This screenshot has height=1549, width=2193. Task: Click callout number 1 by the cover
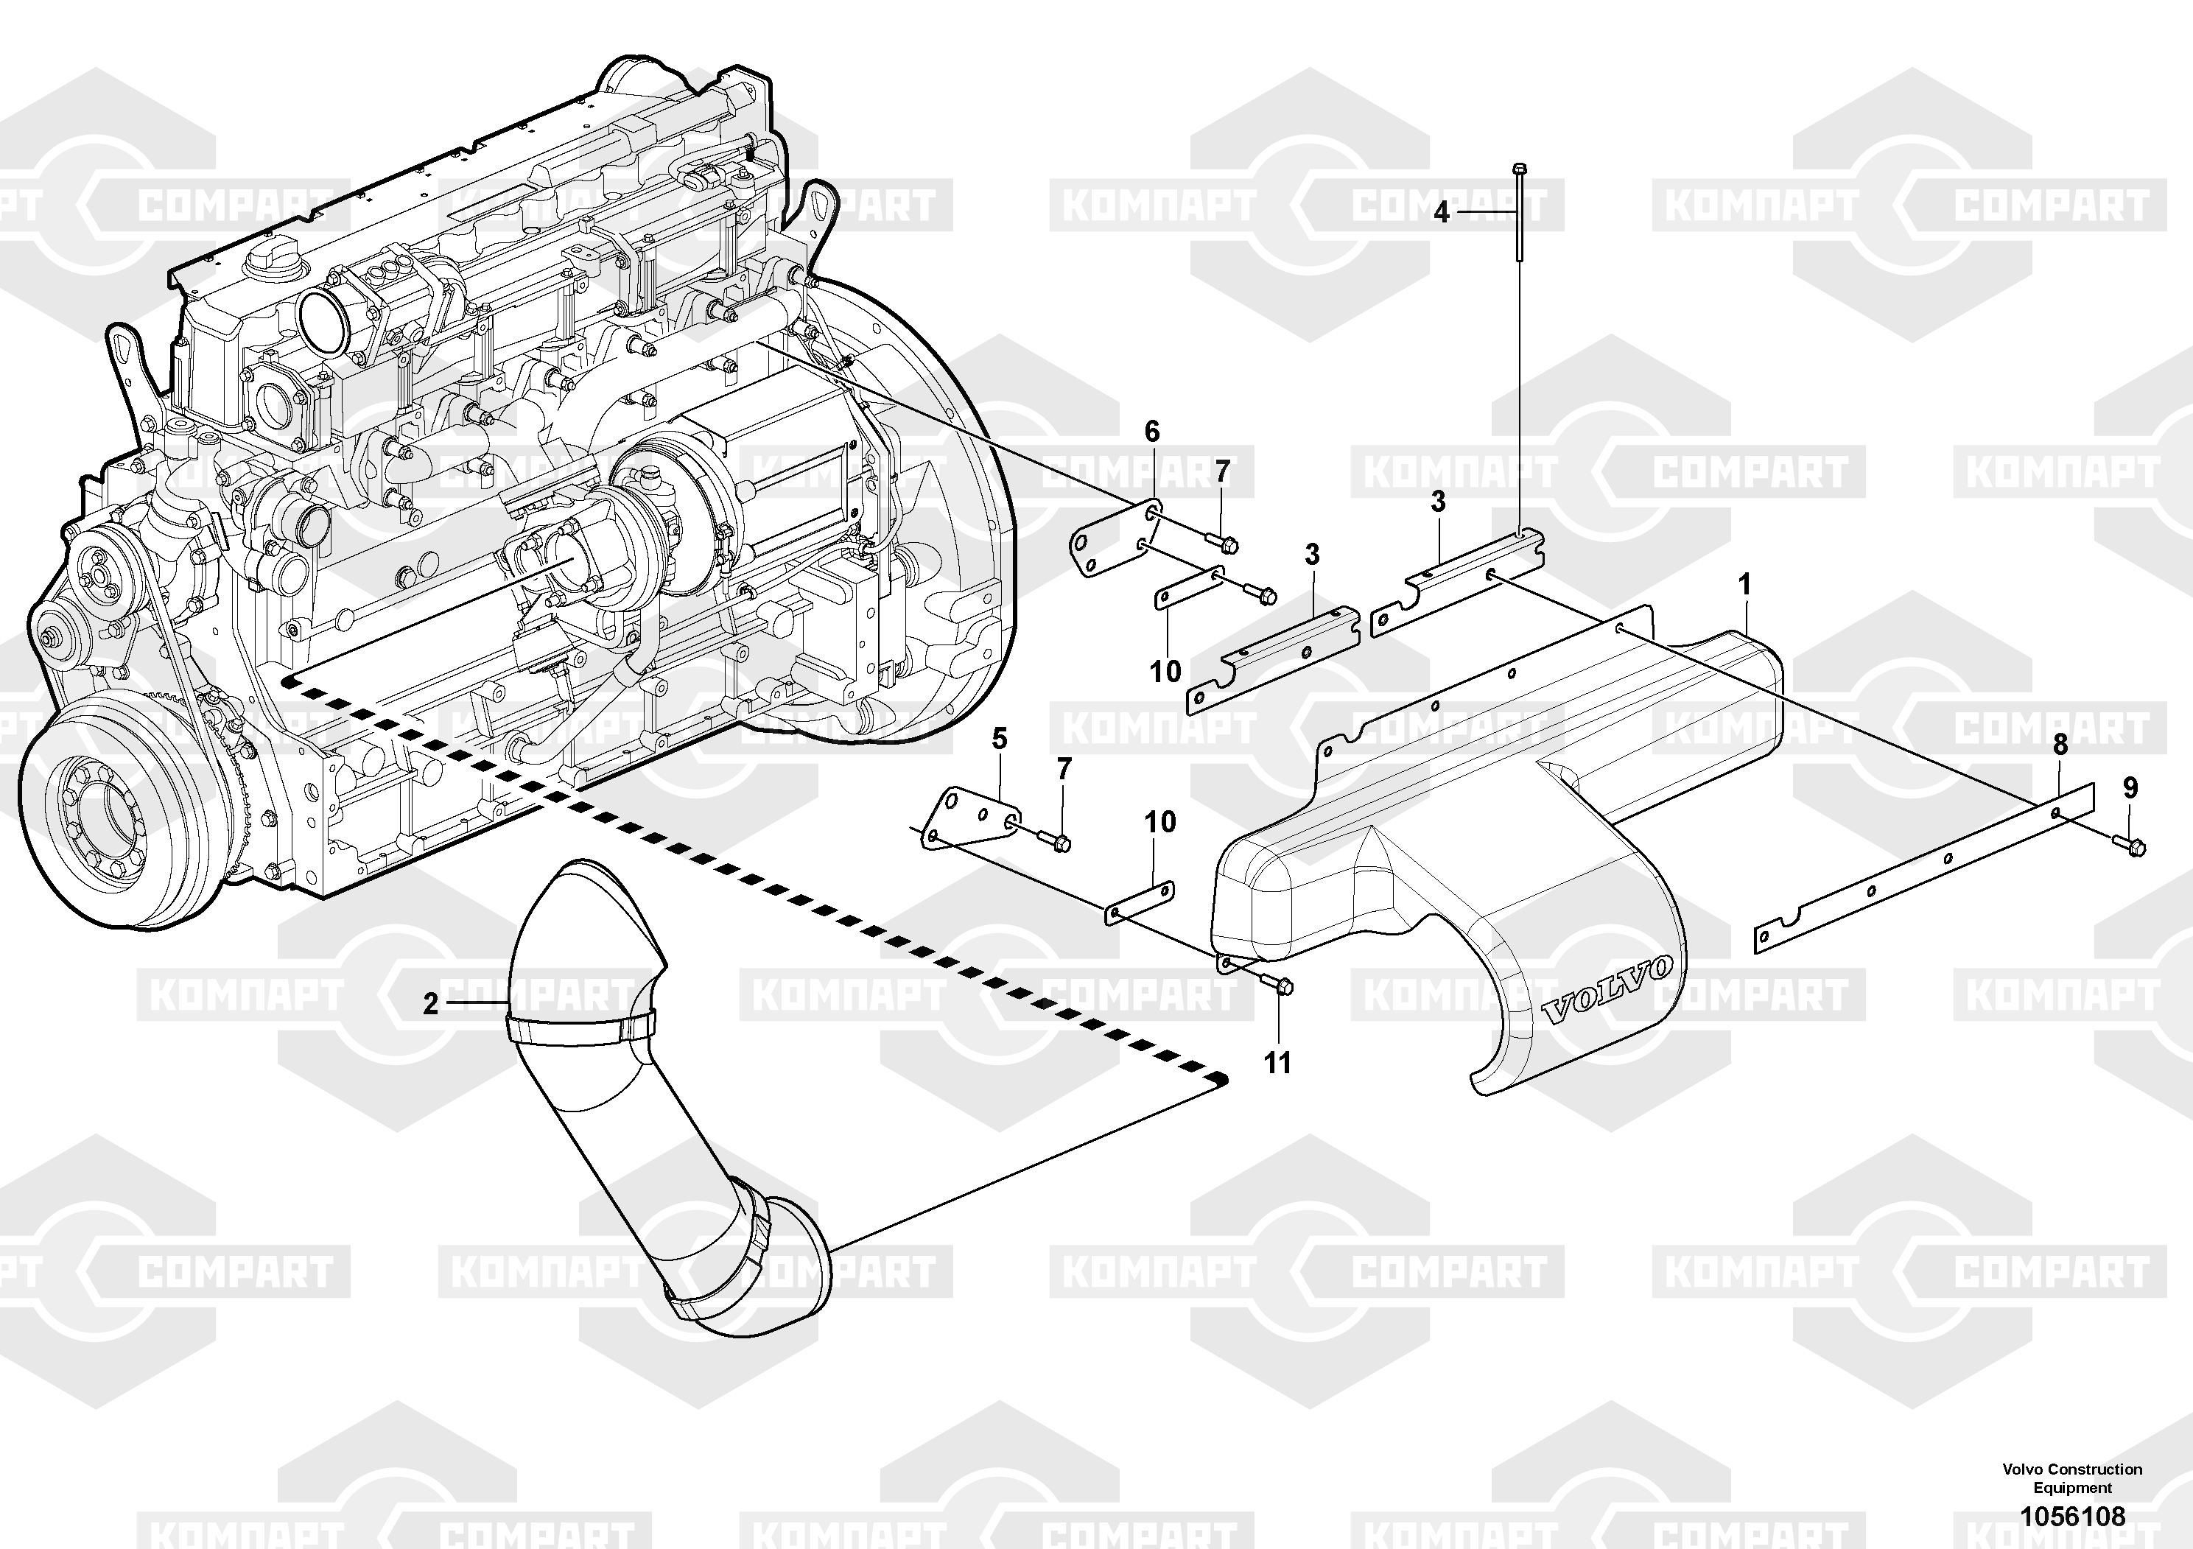(1744, 583)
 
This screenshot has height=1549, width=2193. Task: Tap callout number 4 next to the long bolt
(1442, 212)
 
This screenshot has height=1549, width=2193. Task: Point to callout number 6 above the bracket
(1152, 432)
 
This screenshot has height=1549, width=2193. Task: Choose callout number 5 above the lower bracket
(999, 738)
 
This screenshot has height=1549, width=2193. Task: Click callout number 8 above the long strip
(2060, 744)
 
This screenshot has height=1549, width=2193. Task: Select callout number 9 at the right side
(2130, 788)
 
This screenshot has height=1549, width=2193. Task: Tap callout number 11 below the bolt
(1277, 1063)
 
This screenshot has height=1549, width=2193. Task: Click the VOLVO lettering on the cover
(1607, 993)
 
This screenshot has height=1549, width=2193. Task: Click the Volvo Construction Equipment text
(2071, 1478)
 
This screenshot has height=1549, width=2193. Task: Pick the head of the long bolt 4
(1520, 170)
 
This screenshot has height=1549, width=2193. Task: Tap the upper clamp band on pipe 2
(580, 1028)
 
